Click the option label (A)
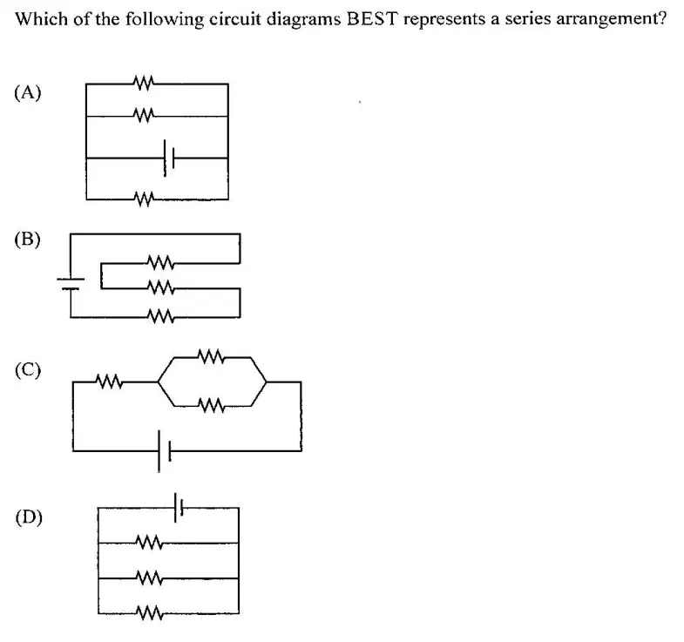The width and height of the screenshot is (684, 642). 28,92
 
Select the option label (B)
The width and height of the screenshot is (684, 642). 28,240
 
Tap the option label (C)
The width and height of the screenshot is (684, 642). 28,370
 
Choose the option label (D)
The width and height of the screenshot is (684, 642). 29,517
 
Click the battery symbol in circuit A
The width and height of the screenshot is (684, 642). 169,158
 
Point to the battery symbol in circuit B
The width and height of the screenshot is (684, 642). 71,284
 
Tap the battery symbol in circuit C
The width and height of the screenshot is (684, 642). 164,451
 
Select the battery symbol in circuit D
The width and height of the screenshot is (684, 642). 179,508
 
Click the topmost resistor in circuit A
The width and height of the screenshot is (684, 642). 144,83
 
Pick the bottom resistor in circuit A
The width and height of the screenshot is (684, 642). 144,199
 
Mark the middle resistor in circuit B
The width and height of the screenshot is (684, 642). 160,287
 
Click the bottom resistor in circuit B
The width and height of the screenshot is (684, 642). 160,316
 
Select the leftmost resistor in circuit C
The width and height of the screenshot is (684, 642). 109,382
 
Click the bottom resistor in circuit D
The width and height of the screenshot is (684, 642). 150,612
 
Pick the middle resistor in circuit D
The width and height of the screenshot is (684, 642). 150,578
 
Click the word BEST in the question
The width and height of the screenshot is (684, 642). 373,19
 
